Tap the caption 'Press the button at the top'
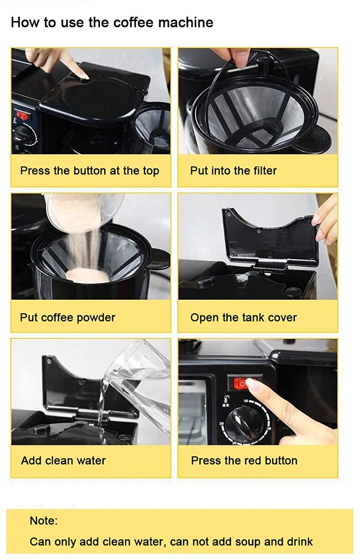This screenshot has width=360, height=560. click(x=90, y=171)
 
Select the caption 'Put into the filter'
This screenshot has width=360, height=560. click(x=233, y=171)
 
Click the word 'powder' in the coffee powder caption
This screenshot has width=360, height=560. click(x=96, y=318)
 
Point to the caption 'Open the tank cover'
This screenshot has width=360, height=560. click(x=243, y=318)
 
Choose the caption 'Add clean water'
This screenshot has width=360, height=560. click(x=63, y=460)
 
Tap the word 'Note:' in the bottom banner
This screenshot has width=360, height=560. click(x=44, y=521)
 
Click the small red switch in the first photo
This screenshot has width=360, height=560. click(x=23, y=115)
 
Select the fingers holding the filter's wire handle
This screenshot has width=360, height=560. click(x=235, y=56)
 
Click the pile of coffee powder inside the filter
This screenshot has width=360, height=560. click(x=87, y=274)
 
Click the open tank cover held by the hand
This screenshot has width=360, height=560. click(x=270, y=236)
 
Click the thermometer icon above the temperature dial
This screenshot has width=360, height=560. click(x=227, y=398)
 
